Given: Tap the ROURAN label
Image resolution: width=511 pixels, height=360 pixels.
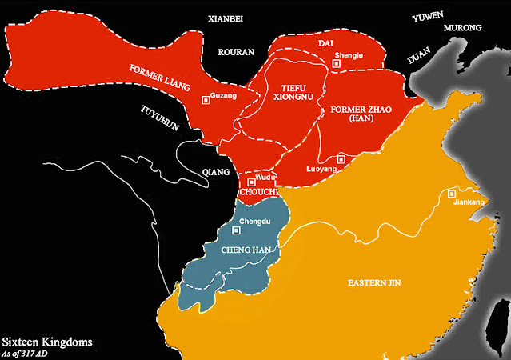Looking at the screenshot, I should [x=236, y=52].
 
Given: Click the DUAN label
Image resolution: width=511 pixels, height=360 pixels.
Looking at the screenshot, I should [x=421, y=58].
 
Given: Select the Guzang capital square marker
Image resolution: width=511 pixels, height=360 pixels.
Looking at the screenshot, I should [x=206, y=99].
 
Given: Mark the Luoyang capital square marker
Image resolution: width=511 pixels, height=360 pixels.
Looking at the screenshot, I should [x=341, y=158].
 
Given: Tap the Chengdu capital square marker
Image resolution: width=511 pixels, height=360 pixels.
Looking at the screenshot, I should [x=235, y=230].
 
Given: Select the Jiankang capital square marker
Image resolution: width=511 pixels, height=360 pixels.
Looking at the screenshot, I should [x=452, y=194].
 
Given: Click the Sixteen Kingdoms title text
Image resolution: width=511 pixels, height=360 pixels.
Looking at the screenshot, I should [x=46, y=342].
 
